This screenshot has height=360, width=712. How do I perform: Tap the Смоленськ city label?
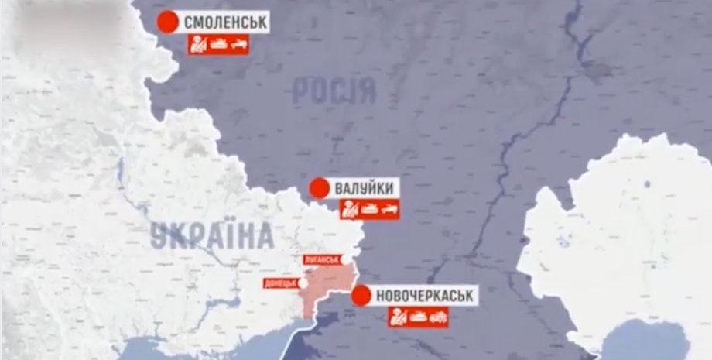coord(225,23)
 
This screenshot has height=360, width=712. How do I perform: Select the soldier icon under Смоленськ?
coord(198,44)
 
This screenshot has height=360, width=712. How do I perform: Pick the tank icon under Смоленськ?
coord(218,44)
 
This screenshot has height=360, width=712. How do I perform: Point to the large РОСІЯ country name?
coord(334,91)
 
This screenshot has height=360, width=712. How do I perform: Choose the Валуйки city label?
coord(366,188)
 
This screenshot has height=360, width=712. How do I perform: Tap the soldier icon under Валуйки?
coord(350,209)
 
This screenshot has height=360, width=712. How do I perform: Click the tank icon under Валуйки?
coord(369,209)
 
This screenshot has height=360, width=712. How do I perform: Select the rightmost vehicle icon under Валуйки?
coord(389,209)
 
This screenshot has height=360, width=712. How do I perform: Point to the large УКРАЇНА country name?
coord(212,235)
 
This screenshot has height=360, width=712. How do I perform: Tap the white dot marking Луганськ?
coord(346,260)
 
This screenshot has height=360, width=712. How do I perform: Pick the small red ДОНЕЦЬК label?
coord(279,283)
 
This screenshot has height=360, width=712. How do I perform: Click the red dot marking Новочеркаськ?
coord(361,295)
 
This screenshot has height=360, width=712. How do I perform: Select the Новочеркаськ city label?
coord(425,295)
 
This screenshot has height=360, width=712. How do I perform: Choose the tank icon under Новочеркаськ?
coord(418,316)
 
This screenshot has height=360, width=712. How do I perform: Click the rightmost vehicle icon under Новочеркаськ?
coord(438,316)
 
